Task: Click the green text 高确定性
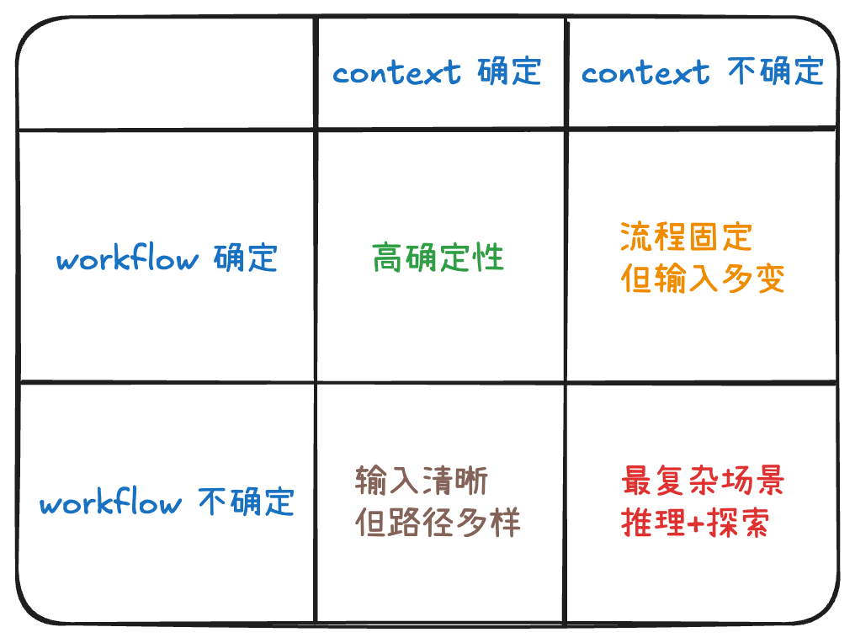click(x=438, y=258)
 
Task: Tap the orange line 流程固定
click(x=685, y=237)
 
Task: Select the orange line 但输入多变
click(x=703, y=278)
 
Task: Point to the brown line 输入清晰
click(x=421, y=482)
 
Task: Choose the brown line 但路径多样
click(x=438, y=523)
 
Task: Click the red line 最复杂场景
click(x=703, y=482)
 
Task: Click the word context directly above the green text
click(x=397, y=72)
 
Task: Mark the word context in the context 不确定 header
click(x=645, y=72)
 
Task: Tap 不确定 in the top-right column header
click(x=775, y=72)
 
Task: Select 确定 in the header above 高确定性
click(x=509, y=72)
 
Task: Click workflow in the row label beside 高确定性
click(x=127, y=258)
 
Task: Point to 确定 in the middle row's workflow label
click(x=245, y=258)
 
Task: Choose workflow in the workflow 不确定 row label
click(x=110, y=503)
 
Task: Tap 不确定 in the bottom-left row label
click(x=247, y=502)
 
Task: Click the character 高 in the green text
click(x=388, y=258)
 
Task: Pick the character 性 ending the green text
click(x=489, y=258)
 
